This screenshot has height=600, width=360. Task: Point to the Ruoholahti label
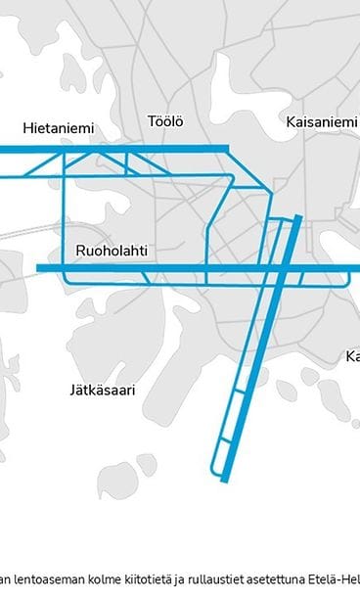tap(111, 252)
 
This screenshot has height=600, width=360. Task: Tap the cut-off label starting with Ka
tap(352, 357)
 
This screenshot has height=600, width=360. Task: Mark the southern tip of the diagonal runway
tap(226, 481)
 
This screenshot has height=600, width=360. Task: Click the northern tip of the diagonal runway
tap(298, 217)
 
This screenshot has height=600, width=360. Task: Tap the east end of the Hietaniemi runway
tap(228, 149)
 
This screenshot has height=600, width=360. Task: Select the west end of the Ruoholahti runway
tap(38, 267)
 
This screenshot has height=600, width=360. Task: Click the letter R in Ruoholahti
tap(80, 252)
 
